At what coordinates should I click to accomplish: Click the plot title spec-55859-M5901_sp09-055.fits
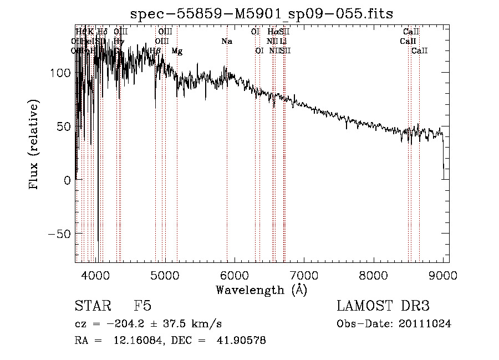pyautogui.click(x=262, y=14)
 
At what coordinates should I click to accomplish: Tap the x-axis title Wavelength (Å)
pyautogui.click(x=262, y=290)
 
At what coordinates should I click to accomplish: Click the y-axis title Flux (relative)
pyautogui.click(x=34, y=146)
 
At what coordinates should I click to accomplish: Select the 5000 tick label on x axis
pyautogui.click(x=165, y=275)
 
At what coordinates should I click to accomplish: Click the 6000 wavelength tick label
pyautogui.click(x=235, y=275)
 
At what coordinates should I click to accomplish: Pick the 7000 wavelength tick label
pyautogui.click(x=304, y=275)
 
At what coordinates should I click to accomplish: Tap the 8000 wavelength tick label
pyautogui.click(x=374, y=275)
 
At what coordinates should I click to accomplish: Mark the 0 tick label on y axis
pyautogui.click(x=67, y=180)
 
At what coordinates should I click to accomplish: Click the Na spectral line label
pyautogui.click(x=226, y=42)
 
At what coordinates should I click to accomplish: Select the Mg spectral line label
pyautogui.click(x=177, y=51)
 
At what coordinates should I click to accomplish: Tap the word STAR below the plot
pyautogui.click(x=93, y=307)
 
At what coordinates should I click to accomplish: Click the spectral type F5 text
pyautogui.click(x=142, y=307)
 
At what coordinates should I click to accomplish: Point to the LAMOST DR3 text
pyautogui.click(x=383, y=307)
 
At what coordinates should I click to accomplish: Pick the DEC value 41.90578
pyautogui.click(x=243, y=341)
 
